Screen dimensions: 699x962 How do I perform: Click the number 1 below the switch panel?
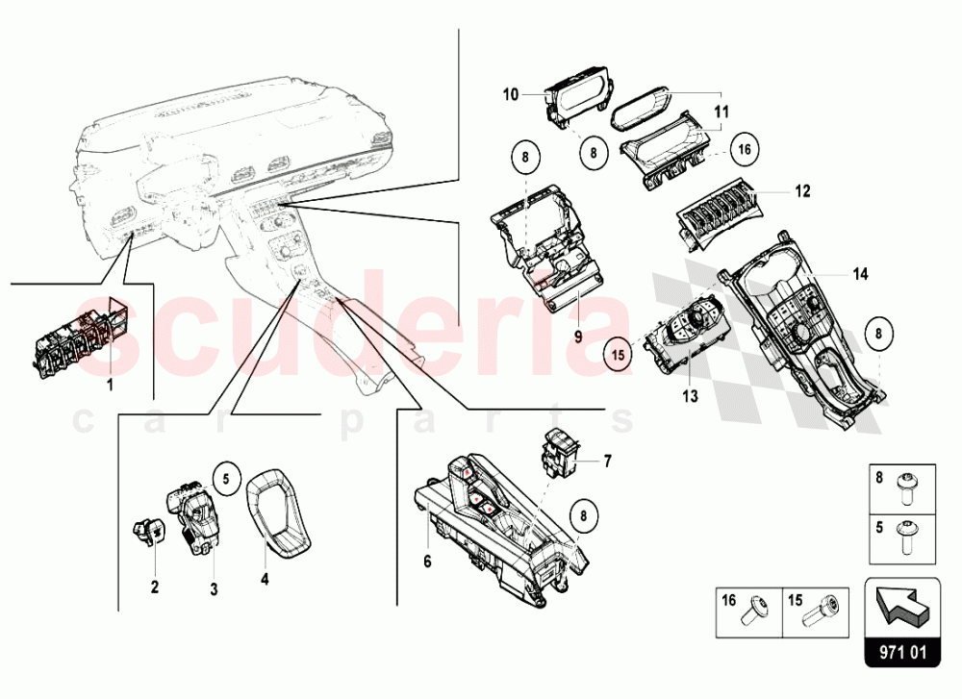pos(109,385)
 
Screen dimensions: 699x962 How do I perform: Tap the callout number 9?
pos(577,337)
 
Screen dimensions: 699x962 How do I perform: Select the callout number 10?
pos(510,94)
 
